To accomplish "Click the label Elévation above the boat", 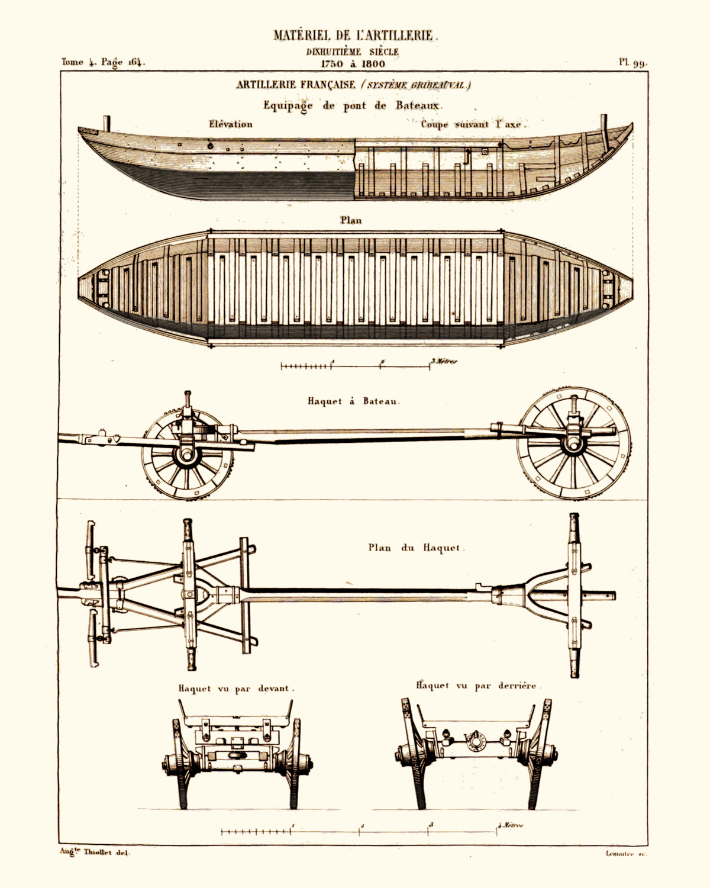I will coord(230,124).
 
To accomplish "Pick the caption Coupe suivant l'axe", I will coord(473,125).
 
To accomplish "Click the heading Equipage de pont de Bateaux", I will coord(353,105).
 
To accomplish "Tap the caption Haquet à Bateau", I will coord(353,401).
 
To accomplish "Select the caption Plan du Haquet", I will coord(416,548).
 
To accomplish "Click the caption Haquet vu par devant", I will coord(236,688).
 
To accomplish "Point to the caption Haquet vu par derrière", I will coord(476,686).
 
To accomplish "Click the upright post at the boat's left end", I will coord(107,124).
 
